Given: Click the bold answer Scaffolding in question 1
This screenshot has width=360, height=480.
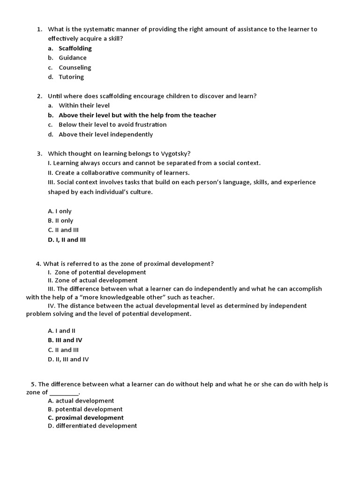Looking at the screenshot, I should pos(75,48).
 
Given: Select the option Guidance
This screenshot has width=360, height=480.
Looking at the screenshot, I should pos(73,58).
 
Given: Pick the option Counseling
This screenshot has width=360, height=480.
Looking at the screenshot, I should pos(75,67).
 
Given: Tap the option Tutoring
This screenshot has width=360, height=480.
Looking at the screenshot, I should pos(71,77).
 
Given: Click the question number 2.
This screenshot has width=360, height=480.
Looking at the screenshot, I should pos(39,96).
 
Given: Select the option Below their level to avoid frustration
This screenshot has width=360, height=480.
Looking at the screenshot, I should pos(112,125).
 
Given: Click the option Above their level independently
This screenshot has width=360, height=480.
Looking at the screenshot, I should pos(105,135).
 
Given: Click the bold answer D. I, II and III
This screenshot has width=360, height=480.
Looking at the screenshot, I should pos(67,240).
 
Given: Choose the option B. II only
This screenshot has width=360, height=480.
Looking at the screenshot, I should pos(60,220).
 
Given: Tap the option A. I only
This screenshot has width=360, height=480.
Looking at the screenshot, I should pos(60,211).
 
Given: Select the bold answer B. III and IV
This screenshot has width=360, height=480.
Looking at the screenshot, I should pos(65,340).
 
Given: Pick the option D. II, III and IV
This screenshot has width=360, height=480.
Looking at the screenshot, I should pos(68,360).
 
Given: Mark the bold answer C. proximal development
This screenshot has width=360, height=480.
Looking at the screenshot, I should pos(86,418).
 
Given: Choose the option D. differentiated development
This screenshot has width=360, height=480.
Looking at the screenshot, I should pos(92,426).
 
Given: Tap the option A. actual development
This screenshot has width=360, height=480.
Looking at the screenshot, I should pos(81,401).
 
